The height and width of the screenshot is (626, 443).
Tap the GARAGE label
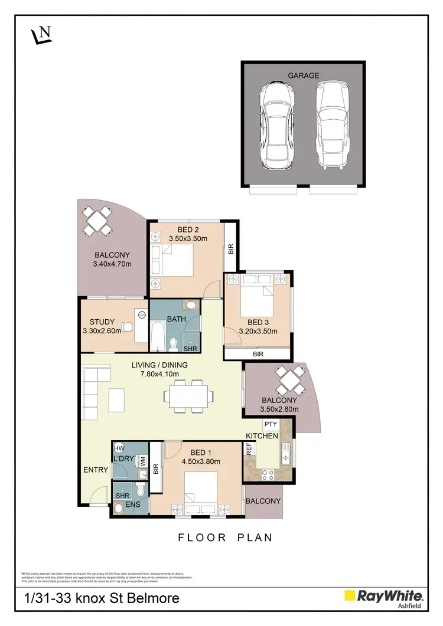tap(303, 76)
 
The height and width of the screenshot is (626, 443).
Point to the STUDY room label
tap(102, 322)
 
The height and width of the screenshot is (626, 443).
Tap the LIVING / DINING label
tap(159, 365)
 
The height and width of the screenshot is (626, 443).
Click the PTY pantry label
tap(271, 424)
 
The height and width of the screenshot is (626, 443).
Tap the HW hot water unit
tap(118, 450)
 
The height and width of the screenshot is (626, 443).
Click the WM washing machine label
tap(142, 462)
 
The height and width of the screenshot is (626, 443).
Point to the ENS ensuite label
tap(133, 505)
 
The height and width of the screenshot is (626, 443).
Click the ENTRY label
tap(96, 470)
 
